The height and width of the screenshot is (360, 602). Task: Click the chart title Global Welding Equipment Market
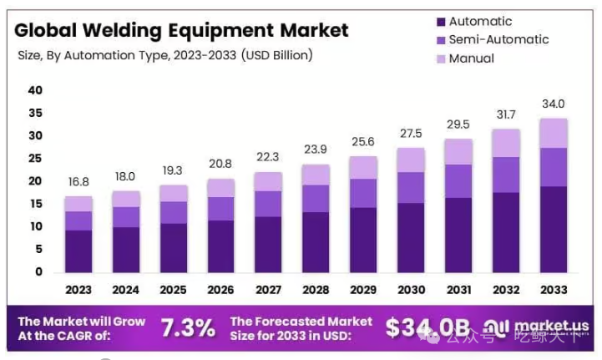point(181,31)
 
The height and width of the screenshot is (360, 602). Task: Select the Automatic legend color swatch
point(439,22)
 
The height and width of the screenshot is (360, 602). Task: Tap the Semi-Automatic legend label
point(498,40)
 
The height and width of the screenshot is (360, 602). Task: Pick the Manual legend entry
point(471,58)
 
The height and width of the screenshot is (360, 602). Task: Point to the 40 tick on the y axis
point(34,90)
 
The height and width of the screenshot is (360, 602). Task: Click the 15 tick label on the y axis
point(34,204)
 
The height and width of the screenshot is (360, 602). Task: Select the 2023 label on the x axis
point(78,290)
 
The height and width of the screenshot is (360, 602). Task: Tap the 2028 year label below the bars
point(316,290)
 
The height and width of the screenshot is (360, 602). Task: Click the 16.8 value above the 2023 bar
point(78,182)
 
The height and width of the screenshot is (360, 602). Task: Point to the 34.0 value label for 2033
point(554,104)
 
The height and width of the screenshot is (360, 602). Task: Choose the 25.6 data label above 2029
point(364,142)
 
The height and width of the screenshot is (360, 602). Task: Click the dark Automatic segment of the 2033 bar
point(554,230)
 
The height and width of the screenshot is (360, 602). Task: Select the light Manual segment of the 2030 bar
point(411,160)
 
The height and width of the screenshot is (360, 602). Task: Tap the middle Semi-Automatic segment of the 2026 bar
point(220,209)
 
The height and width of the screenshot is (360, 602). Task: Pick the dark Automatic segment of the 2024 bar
point(125,249)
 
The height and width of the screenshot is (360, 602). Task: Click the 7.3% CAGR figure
point(189,327)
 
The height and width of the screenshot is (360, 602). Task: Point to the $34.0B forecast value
point(427,327)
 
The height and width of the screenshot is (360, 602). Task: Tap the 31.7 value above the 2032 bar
point(506,114)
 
